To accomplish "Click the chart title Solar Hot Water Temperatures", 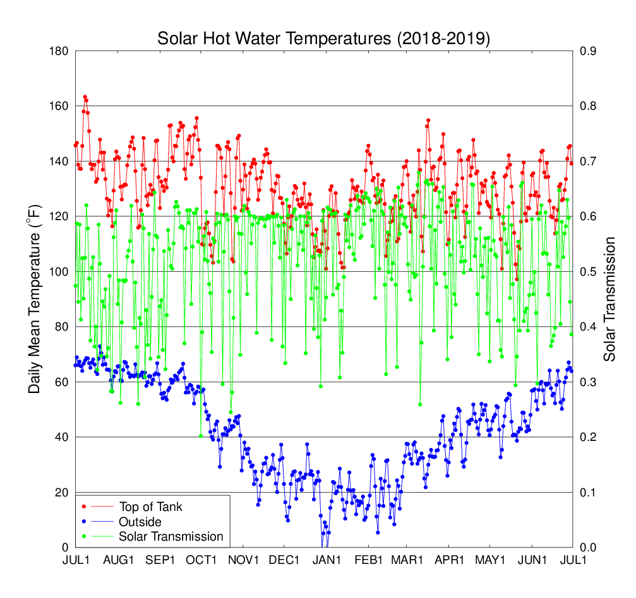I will click(323, 38).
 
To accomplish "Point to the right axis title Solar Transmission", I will click(609, 299).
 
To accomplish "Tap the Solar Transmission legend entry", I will click(171, 537).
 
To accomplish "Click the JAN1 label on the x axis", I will click(326, 560).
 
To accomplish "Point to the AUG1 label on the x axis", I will click(119, 560).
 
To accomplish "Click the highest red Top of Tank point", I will click(85, 97).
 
